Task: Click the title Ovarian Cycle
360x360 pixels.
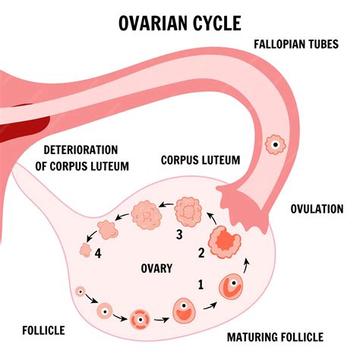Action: (179, 23)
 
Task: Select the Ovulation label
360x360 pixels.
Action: (317, 208)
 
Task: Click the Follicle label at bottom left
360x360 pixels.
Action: (43, 330)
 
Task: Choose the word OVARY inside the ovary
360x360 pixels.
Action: (157, 268)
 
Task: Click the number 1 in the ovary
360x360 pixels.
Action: (201, 286)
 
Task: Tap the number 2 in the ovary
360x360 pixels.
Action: (201, 252)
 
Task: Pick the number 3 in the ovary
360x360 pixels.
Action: (179, 235)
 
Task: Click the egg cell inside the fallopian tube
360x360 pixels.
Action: (271, 144)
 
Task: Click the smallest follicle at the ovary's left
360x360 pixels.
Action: (80, 291)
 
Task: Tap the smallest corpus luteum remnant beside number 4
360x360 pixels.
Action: (86, 250)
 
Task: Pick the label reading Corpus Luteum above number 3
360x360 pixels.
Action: (201, 160)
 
